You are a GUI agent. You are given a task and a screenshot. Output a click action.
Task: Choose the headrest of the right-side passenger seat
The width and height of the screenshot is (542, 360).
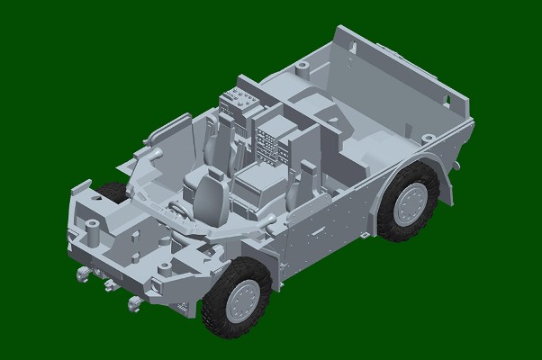(x=303, y=170)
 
